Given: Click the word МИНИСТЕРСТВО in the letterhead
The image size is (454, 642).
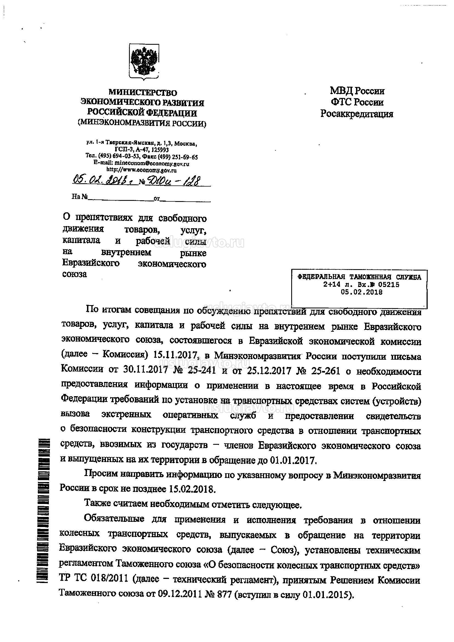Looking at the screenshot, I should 143,92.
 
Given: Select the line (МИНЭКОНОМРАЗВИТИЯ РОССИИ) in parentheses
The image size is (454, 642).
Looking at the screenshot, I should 142,123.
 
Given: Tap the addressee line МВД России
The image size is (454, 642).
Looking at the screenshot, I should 357,91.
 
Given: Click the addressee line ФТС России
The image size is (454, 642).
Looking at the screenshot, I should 357,102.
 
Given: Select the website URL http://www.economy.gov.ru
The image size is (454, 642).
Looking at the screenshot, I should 142,170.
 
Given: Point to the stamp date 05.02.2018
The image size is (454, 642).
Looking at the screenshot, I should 361,292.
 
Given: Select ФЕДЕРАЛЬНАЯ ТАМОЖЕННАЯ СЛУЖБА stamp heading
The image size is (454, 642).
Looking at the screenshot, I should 360,277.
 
